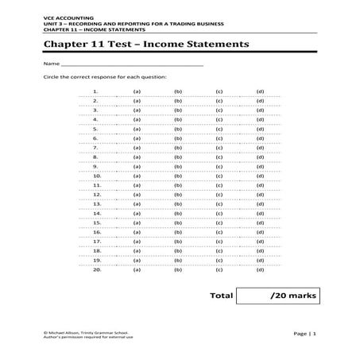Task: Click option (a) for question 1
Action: [137, 91]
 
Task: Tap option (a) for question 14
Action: [137, 213]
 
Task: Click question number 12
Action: [96, 194]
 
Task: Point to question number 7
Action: [95, 147]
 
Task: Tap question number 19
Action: [96, 260]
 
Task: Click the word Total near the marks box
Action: [221, 295]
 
